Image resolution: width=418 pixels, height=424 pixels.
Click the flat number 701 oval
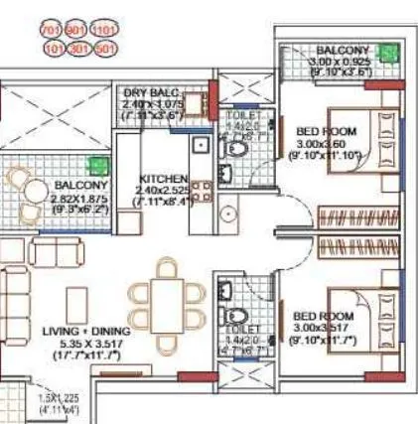51,29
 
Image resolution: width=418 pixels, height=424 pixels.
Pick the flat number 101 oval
51,46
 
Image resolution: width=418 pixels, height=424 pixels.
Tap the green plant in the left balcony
97,167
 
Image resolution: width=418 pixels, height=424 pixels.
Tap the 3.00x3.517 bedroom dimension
321,328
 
